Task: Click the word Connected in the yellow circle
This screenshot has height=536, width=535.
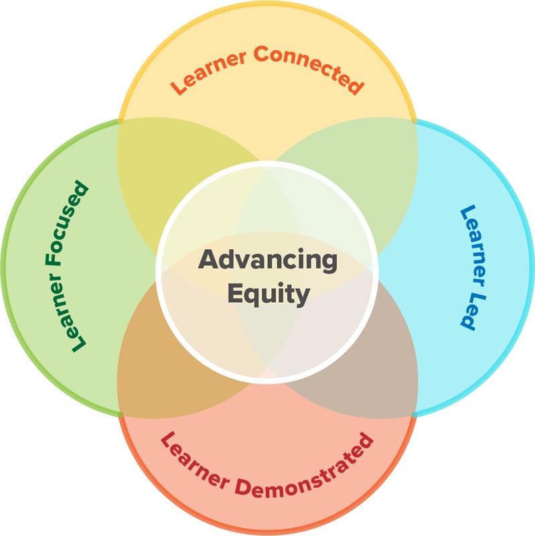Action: tap(309, 68)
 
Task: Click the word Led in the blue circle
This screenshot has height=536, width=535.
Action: tap(469, 310)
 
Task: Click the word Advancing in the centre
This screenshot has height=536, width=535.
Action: tap(268, 260)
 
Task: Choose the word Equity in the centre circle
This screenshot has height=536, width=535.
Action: tap(268, 293)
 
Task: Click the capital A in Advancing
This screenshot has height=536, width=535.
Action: tap(207, 260)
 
